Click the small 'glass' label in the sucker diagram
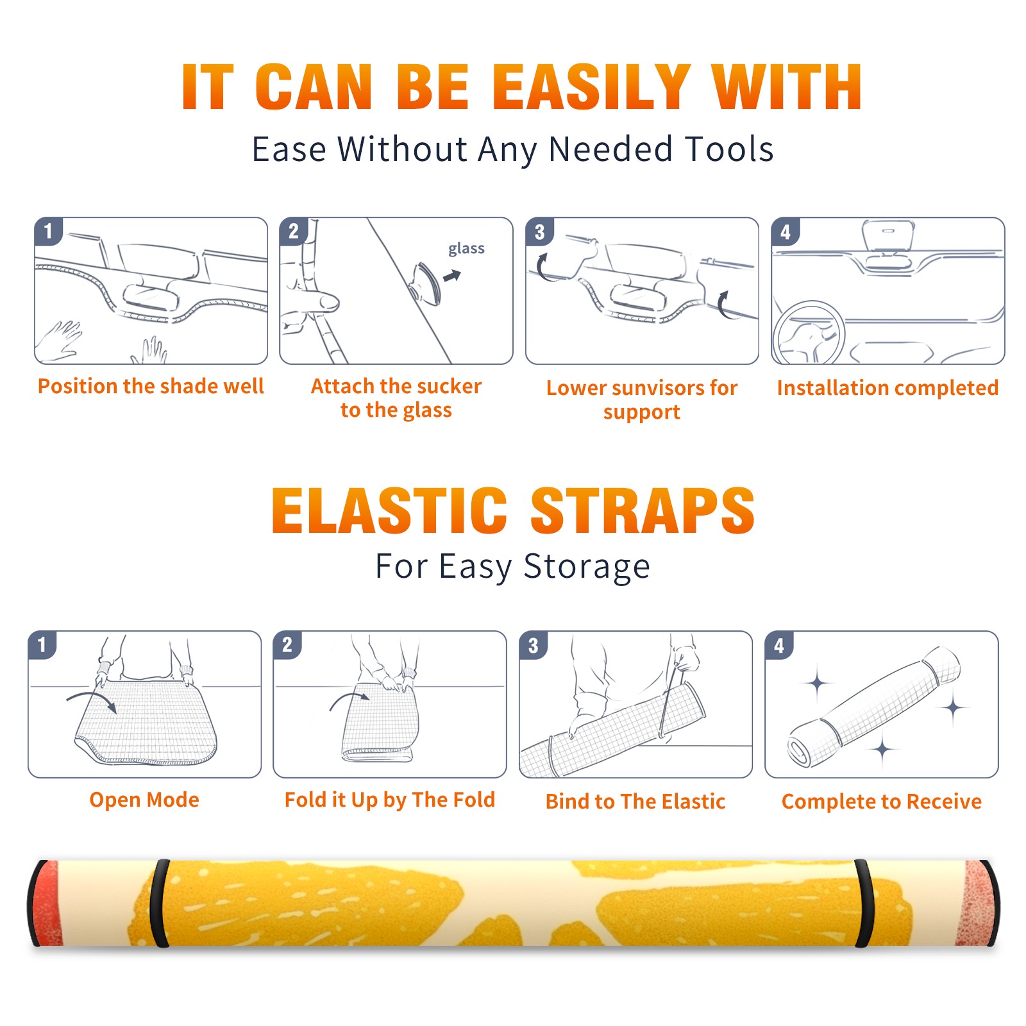[x=466, y=249]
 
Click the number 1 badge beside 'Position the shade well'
[x=49, y=231]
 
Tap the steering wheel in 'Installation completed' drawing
[x=809, y=332]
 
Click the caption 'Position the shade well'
[x=151, y=386]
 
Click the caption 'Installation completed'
[x=887, y=388]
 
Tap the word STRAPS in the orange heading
[x=643, y=510]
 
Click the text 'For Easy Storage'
[x=512, y=566]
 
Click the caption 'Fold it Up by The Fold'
[x=390, y=800]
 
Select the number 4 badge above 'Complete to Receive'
[x=779, y=645]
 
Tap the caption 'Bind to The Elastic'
[x=635, y=802]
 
